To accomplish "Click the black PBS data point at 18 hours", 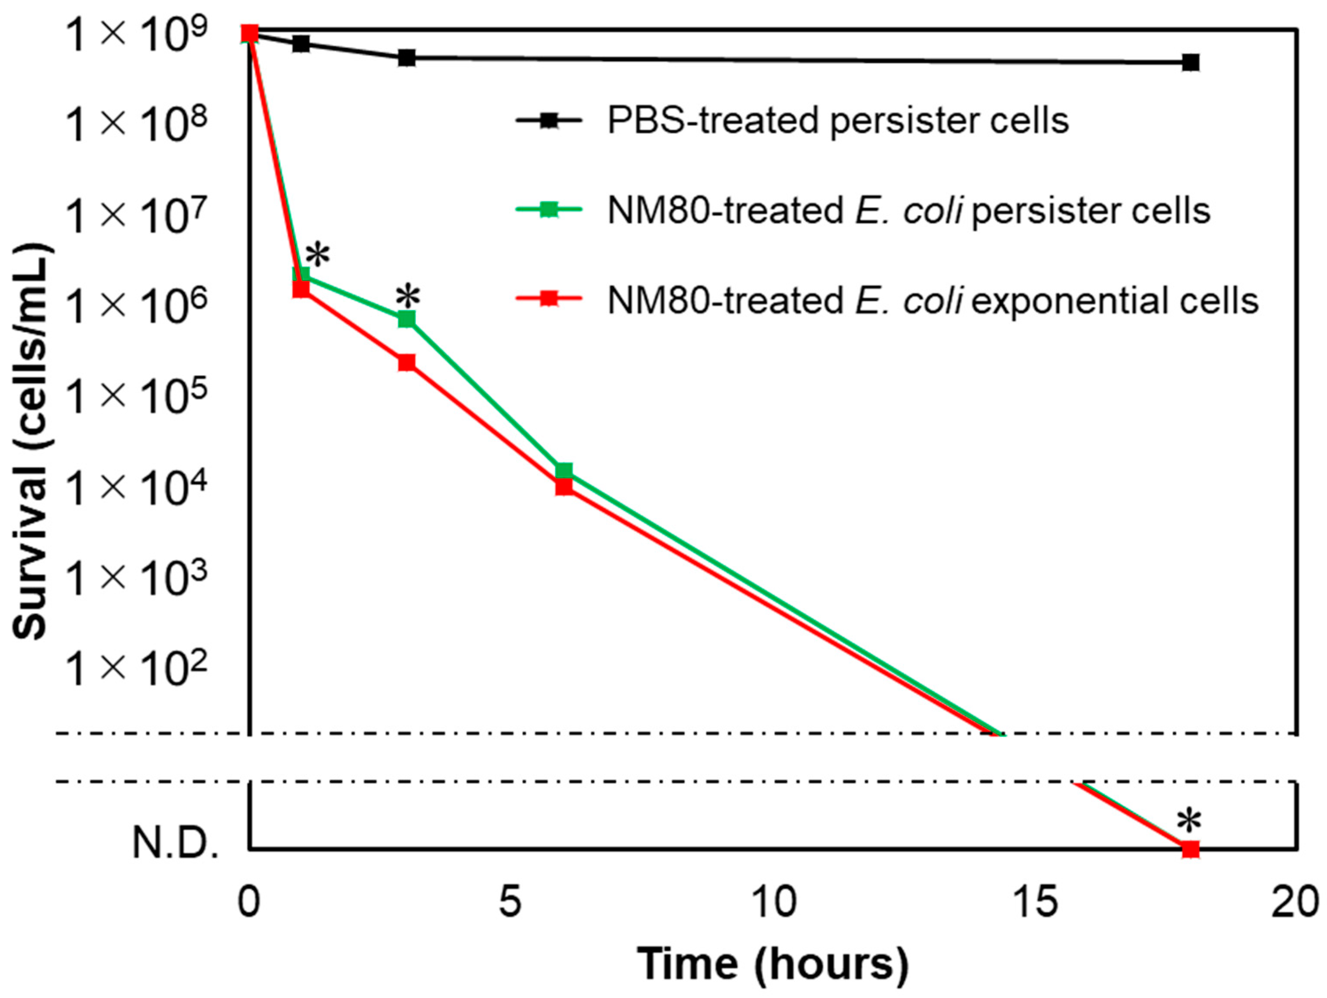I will click(x=1190, y=62).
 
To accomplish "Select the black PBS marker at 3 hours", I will click(x=407, y=58).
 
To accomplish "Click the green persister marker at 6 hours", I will click(x=564, y=471).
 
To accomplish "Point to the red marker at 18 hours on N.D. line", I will click(x=1190, y=849).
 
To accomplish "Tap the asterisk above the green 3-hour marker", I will click(x=408, y=296).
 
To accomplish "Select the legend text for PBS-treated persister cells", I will click(x=838, y=121).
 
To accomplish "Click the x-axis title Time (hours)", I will click(x=772, y=964).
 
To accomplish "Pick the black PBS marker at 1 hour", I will click(x=301, y=43).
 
